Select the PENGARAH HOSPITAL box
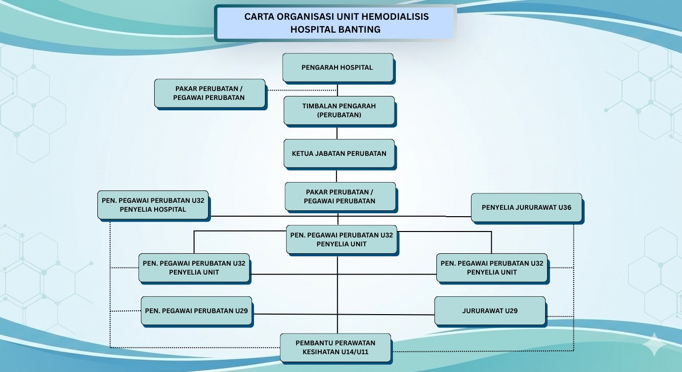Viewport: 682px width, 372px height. coord(338,67)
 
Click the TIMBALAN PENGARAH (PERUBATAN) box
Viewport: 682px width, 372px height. coord(339,110)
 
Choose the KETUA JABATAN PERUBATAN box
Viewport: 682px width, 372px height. coord(339,153)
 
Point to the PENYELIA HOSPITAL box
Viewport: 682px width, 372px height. coord(153,205)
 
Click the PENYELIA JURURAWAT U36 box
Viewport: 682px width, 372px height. coord(526,207)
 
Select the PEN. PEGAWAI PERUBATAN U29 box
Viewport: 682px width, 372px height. coord(196,311)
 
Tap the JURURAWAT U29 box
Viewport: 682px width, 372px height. coord(490,311)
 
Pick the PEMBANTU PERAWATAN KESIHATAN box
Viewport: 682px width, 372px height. coord(335,347)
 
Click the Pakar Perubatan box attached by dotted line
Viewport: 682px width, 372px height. coord(209,93)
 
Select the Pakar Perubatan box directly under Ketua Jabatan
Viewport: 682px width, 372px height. coord(340,196)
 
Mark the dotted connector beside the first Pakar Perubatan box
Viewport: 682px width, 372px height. coord(301,91)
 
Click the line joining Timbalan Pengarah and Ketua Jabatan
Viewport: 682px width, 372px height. coord(337,132)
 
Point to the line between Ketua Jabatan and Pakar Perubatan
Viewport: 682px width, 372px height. coord(337,176)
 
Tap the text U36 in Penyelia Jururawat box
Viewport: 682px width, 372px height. coord(564,207)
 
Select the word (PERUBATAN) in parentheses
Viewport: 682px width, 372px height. coord(339,115)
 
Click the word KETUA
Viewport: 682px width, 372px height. coord(302,153)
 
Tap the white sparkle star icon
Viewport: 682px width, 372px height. coord(655,344)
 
